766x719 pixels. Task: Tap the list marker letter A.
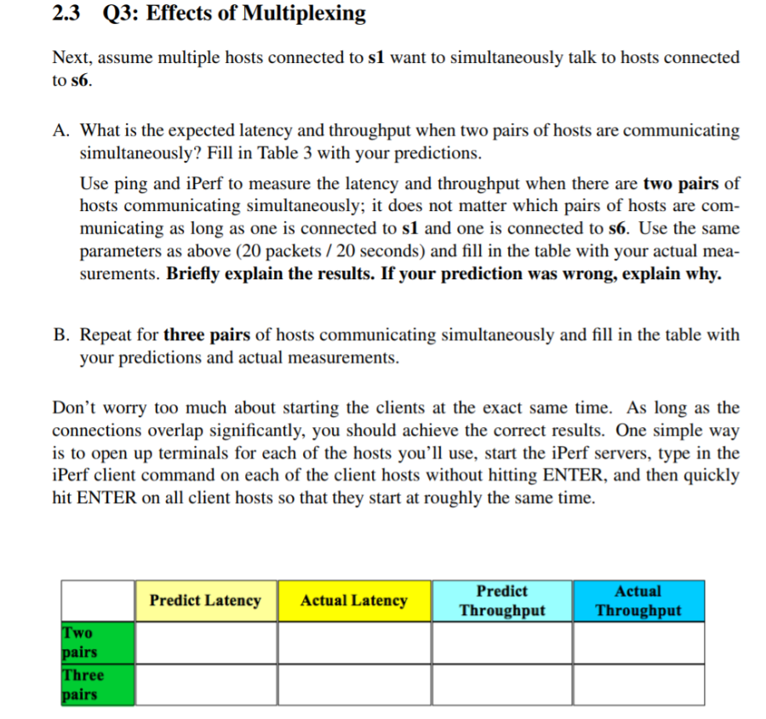coord(60,131)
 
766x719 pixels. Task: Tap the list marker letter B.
coord(60,334)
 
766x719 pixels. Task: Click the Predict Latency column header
coord(205,601)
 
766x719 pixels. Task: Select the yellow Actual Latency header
coord(353,601)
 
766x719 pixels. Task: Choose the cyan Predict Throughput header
coord(501,601)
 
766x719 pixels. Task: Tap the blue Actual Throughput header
coord(638,601)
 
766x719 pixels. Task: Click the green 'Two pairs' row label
coord(80,642)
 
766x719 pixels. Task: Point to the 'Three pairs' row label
coord(83,685)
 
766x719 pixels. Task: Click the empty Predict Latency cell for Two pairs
coord(205,642)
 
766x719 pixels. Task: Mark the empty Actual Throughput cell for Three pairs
coord(638,685)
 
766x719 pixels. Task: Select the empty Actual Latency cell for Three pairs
coord(353,685)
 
